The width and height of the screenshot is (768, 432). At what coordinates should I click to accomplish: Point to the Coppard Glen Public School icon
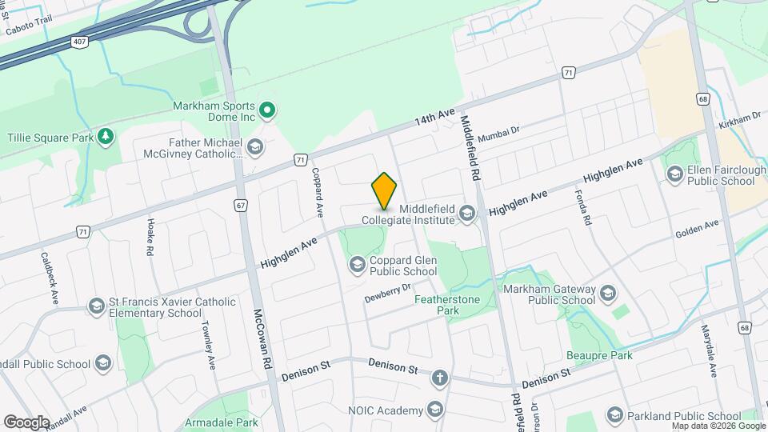[x=357, y=263]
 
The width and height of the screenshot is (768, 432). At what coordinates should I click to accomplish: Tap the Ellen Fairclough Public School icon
[x=674, y=174]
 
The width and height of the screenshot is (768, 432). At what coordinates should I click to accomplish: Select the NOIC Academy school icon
[x=434, y=410]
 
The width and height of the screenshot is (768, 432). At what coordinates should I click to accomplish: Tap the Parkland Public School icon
[x=614, y=415]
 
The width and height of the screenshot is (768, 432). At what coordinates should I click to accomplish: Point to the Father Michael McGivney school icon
[x=254, y=146]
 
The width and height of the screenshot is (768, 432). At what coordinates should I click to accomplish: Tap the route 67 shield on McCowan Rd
[x=241, y=205]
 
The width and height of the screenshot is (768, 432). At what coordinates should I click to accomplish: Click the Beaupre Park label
[x=599, y=355]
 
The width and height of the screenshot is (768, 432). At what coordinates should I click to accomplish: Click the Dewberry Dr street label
[x=387, y=293]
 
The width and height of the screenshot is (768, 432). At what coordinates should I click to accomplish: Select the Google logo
[x=26, y=422]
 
